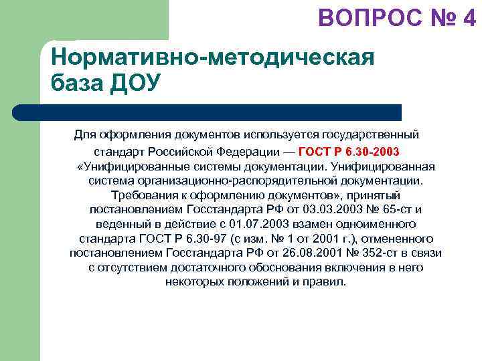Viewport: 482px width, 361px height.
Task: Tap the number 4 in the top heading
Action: (469, 17)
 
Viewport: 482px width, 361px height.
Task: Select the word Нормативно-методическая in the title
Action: (212, 57)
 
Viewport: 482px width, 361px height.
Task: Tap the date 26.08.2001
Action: (322, 253)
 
